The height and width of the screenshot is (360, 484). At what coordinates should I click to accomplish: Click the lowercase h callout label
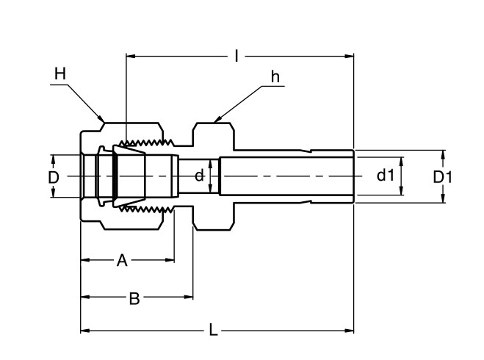(x=275, y=76)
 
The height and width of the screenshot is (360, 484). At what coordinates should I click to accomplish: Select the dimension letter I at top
(x=236, y=55)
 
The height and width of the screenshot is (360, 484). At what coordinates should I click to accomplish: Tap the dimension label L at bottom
(x=213, y=331)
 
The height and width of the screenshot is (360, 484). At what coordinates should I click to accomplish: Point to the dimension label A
(x=123, y=259)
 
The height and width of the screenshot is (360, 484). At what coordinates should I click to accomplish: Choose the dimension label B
(x=134, y=298)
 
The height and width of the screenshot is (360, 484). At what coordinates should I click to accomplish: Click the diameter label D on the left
(x=53, y=177)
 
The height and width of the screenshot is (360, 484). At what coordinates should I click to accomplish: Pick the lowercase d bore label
(x=198, y=176)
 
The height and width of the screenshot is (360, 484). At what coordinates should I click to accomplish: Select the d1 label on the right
(x=386, y=176)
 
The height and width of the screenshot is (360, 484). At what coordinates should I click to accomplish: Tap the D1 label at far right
(x=442, y=177)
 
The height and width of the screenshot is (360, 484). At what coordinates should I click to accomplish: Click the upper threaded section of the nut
(x=148, y=142)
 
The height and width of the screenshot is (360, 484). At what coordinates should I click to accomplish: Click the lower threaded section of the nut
(x=148, y=211)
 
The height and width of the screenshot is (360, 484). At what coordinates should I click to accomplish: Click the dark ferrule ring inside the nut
(x=115, y=177)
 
